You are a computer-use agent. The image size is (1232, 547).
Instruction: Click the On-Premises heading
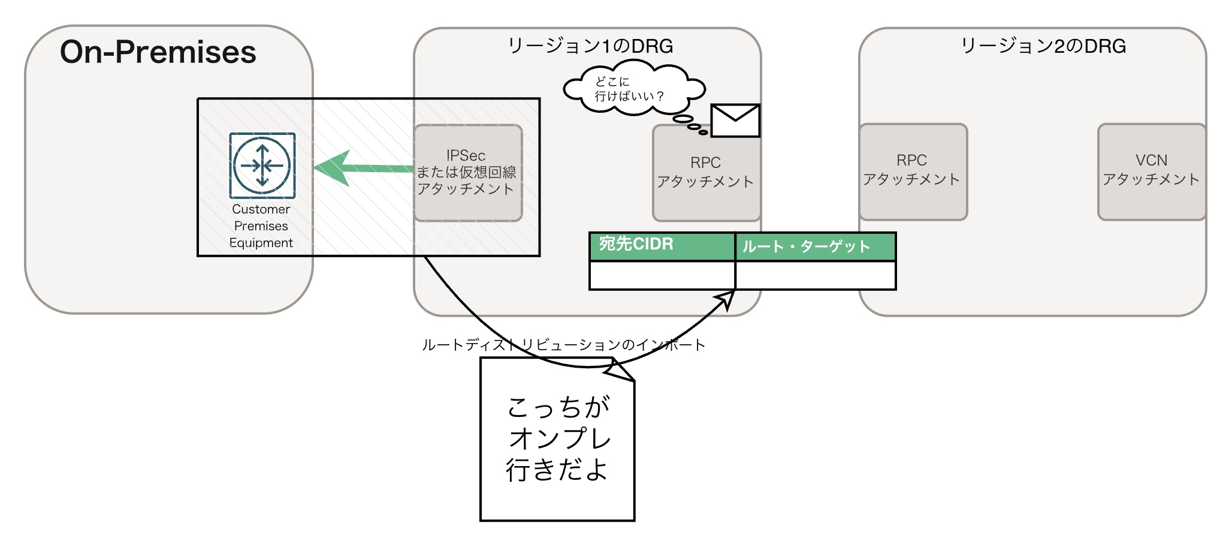point(158,52)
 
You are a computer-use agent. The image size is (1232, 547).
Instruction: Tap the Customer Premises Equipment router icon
point(262,166)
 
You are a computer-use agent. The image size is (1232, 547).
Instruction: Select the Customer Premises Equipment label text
point(261,226)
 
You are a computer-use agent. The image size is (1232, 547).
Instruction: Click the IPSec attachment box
point(467,173)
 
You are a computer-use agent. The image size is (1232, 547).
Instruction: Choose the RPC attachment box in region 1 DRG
point(705,173)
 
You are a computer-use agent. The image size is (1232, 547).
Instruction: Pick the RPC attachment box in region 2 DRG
point(912,171)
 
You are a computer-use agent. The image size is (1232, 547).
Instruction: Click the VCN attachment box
point(1151,171)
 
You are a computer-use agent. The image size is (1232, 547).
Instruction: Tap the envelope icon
point(735,121)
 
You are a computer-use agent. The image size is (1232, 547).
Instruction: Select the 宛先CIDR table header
point(662,245)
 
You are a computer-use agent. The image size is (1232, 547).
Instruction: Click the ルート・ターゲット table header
point(815,247)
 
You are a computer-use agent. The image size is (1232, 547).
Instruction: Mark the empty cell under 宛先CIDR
point(662,276)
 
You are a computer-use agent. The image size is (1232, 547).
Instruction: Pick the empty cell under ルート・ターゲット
point(815,276)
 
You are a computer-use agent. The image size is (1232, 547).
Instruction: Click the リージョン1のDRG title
point(590,46)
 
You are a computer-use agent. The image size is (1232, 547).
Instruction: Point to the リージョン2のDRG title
point(1043,46)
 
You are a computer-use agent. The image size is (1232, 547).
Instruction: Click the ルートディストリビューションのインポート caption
point(563,345)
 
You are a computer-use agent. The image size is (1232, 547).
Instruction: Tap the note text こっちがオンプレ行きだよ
point(557,438)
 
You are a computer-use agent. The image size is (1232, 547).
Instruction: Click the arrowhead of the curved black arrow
point(727,297)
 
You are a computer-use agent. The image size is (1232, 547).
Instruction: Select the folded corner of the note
point(621,370)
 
